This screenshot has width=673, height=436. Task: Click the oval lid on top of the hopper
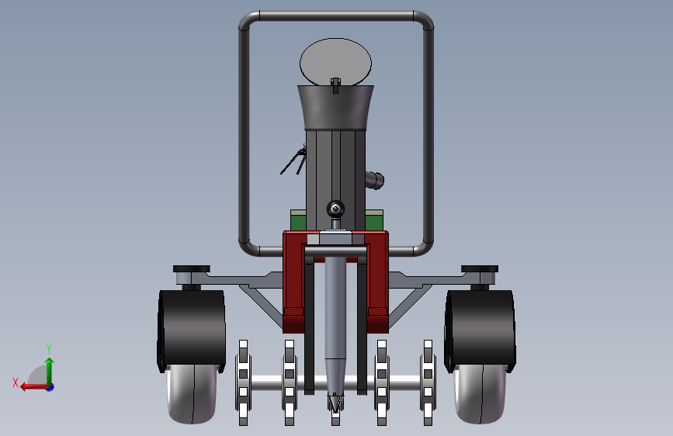coord(335,61)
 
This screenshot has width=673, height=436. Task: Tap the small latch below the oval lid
coord(335,85)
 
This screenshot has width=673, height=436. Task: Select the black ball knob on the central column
coord(335,209)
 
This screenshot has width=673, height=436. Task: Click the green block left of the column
coord(298,220)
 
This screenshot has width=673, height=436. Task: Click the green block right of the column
coord(374,220)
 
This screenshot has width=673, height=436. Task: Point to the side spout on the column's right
coord(374,180)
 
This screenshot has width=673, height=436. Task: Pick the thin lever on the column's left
coord(293,161)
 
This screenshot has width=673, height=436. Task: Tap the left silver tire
coord(191,393)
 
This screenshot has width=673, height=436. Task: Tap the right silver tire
coord(480,393)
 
